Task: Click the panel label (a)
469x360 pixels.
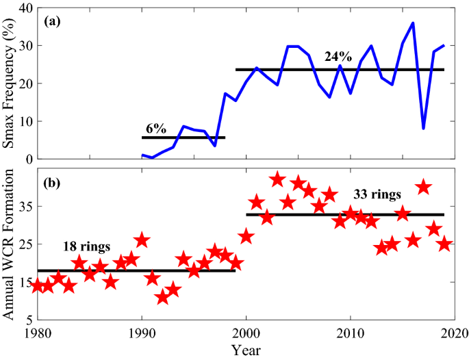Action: coord(53,21)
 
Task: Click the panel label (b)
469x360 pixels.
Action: coord(53,183)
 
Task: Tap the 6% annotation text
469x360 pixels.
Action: coord(156,128)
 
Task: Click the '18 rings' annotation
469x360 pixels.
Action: coord(86,246)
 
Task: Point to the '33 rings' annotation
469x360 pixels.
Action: coord(377,194)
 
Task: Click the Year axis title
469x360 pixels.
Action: coord(245,350)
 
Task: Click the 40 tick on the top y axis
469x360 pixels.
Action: coord(25,8)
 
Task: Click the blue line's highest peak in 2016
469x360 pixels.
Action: coord(413,23)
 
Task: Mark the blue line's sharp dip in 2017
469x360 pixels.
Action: coord(424,128)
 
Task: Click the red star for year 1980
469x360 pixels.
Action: coord(37,286)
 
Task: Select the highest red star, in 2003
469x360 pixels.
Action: coord(277,179)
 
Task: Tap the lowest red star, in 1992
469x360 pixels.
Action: coord(162,297)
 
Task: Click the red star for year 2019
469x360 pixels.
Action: coord(444,244)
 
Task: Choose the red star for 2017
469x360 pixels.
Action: coord(423,187)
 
